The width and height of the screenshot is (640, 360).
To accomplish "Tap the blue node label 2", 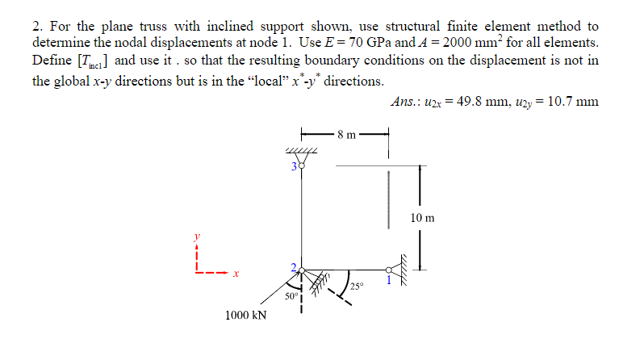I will coord(295,266).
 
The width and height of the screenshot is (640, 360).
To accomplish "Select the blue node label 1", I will coord(388,280).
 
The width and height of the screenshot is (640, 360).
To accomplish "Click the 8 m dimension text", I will coord(346,134).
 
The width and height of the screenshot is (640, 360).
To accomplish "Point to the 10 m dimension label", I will coord(422,218).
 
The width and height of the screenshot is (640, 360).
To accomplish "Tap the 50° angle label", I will coord(291,297).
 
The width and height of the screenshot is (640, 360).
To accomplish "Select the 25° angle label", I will coord(358,287).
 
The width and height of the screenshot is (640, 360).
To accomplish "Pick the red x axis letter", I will coord(235,274).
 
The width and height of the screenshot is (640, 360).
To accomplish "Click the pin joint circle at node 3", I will coord(301,167).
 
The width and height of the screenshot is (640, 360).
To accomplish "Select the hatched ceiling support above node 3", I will coord(301,153).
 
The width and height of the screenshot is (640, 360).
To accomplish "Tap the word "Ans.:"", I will coord(405,102).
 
